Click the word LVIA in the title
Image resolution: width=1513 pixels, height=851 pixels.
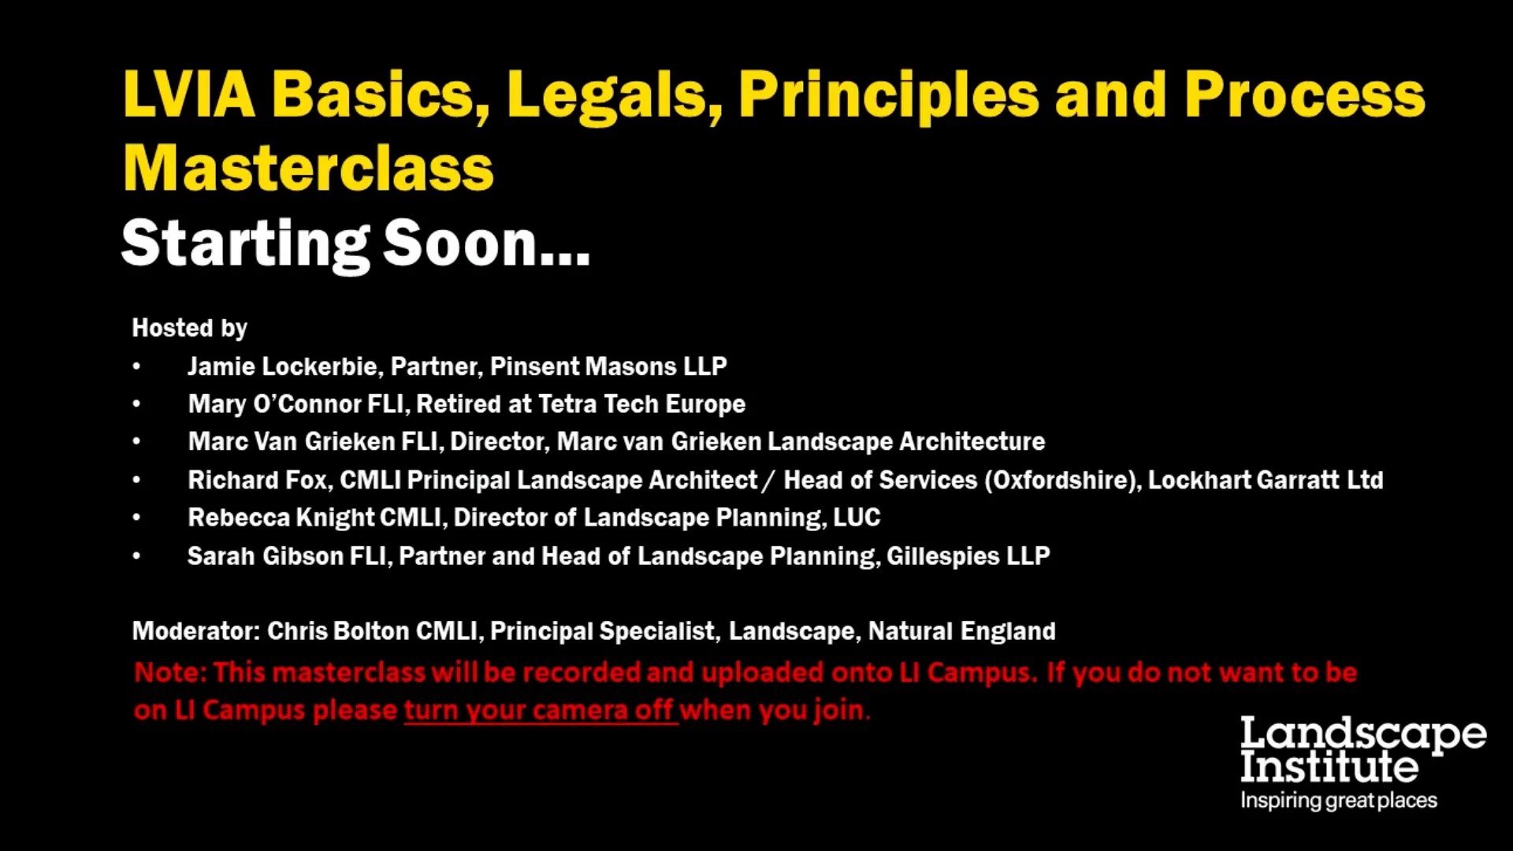[x=189, y=95]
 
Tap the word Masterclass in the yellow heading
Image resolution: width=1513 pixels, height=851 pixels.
[x=308, y=169]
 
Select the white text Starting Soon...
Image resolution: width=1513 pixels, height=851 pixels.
[x=355, y=243]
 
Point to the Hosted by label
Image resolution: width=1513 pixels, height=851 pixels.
[x=189, y=328]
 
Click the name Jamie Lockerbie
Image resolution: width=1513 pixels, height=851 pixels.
[x=282, y=366]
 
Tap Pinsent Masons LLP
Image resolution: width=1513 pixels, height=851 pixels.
[x=608, y=366]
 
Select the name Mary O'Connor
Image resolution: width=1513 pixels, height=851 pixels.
[x=274, y=404]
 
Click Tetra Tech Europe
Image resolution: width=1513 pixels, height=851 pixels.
[x=641, y=404]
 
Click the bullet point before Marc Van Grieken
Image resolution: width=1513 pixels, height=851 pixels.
[x=136, y=442]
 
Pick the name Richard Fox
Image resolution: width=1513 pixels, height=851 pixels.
[x=258, y=480]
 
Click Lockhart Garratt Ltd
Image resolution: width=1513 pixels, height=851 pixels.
[x=1265, y=480]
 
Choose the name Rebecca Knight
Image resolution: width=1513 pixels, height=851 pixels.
[x=281, y=518]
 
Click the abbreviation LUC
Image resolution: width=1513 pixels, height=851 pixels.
[x=857, y=518]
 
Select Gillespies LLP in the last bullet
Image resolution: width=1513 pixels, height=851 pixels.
[x=968, y=556]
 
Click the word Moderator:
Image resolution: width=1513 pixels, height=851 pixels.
[x=195, y=631]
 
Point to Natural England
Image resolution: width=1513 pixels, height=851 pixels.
[x=961, y=631]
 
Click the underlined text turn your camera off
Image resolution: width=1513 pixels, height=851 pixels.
[x=541, y=710]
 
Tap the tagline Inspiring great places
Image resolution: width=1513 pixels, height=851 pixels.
[x=1338, y=801]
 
